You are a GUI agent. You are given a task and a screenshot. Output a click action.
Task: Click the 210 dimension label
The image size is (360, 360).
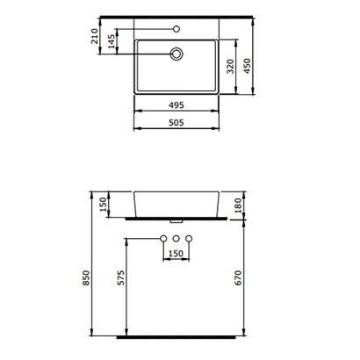tap(95, 37)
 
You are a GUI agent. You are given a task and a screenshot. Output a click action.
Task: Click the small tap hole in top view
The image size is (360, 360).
tap(177, 28)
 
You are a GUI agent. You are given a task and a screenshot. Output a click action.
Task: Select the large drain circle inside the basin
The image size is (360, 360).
tap(177, 54)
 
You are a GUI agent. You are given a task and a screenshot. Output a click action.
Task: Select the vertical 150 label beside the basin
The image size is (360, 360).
tap(104, 205)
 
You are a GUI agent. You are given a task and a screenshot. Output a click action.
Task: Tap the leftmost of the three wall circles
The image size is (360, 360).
tap(163, 239)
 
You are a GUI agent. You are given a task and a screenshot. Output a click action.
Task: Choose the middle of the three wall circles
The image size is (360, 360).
tap(177, 239)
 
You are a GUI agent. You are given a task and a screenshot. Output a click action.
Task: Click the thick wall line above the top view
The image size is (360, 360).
tap(178, 16)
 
